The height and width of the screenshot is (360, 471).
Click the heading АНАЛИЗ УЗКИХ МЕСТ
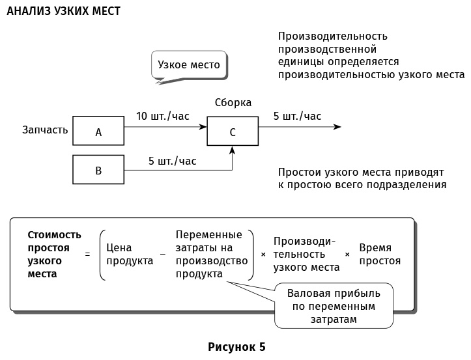[63, 12]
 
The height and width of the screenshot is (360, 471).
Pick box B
[98, 171]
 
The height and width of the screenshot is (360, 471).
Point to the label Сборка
[233, 103]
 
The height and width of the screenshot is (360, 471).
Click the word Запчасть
[45, 130]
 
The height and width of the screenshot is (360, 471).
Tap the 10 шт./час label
[163, 117]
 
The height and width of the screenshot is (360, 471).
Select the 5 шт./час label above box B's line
[173, 161]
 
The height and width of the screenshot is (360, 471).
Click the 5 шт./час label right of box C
[297, 117]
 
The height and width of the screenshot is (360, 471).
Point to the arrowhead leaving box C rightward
[337, 127]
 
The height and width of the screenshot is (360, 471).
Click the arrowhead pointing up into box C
[233, 150]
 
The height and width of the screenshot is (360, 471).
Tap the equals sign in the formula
[87, 255]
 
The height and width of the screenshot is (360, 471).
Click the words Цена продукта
[129, 255]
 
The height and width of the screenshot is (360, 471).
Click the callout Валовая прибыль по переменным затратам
[333, 306]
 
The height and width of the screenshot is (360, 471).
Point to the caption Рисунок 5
[236, 346]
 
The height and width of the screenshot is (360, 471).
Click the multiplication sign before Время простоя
[347, 255]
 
